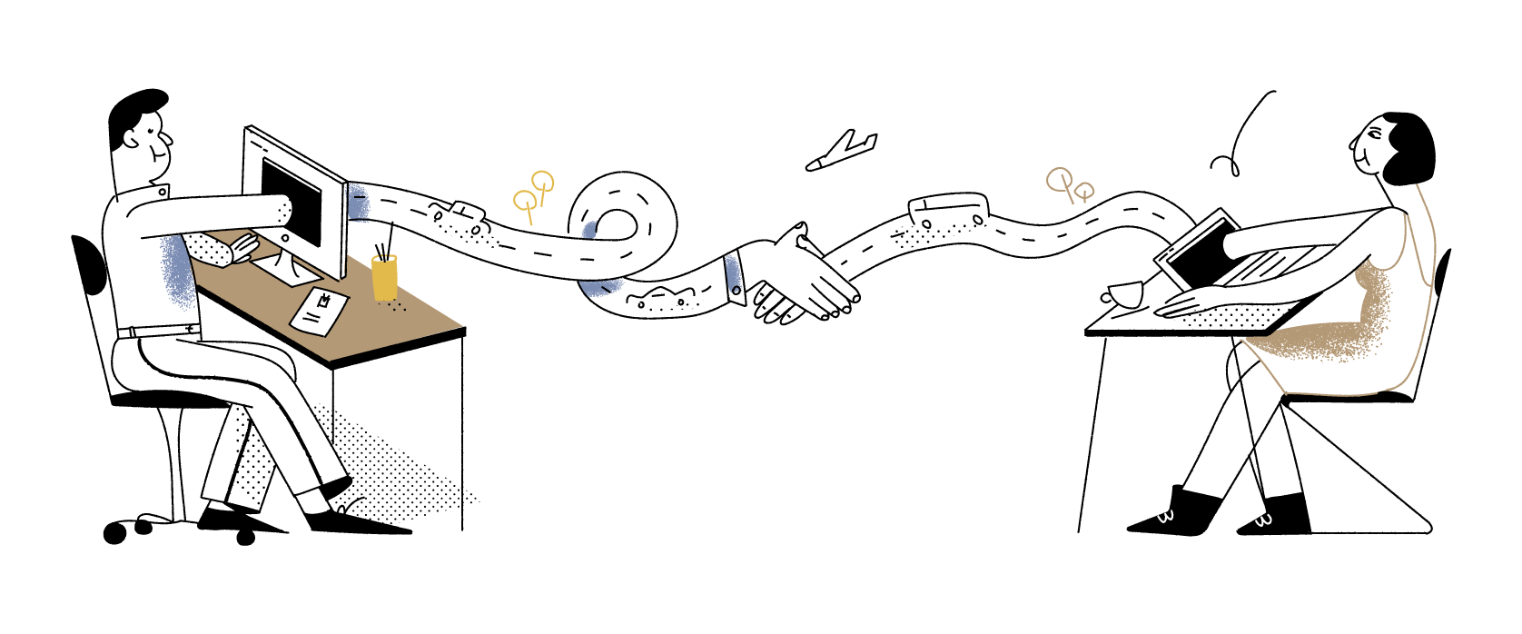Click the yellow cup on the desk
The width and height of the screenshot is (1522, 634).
[x=384, y=278]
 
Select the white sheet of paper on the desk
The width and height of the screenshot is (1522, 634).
[x=319, y=312]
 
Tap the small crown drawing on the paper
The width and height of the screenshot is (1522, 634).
[x=323, y=300]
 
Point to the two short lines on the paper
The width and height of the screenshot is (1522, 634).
[x=311, y=317]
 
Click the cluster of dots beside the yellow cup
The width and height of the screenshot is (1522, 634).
[x=396, y=307]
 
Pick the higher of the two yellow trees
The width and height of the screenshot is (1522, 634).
[x=542, y=182]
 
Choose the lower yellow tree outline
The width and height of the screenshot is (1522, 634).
[x=524, y=201]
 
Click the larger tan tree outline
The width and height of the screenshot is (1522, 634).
[x=1059, y=179]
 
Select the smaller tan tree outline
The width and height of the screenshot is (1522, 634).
[x=1084, y=191]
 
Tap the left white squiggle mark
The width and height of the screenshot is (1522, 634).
[x=1165, y=517]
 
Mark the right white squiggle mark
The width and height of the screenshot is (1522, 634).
[x=1263, y=520]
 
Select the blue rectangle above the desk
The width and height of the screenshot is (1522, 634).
[x=359, y=203]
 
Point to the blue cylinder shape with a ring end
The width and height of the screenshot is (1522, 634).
[x=733, y=273]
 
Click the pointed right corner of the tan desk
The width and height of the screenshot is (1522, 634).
[x=460, y=326]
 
